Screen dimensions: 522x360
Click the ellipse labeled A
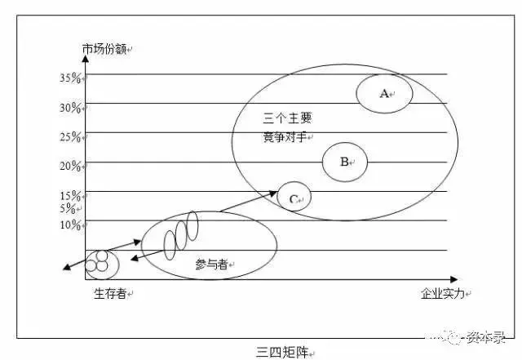click(x=384, y=93)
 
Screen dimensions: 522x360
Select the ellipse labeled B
click(x=344, y=162)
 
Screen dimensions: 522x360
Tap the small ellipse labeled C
click(x=294, y=197)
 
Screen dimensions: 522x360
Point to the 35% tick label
click(x=70, y=78)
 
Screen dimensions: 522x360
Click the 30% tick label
click(x=70, y=108)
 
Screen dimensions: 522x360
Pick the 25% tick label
click(x=70, y=136)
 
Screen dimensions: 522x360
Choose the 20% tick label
click(x=70, y=166)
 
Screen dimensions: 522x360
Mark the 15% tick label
click(x=70, y=196)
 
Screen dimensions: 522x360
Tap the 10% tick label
click(x=70, y=224)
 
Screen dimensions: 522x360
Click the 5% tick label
click(x=68, y=209)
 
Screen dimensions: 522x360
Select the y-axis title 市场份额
click(x=105, y=50)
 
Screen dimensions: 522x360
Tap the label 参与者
click(x=211, y=264)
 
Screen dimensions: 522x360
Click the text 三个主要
click(x=288, y=118)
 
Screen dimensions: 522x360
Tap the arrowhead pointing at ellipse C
click(x=274, y=193)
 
